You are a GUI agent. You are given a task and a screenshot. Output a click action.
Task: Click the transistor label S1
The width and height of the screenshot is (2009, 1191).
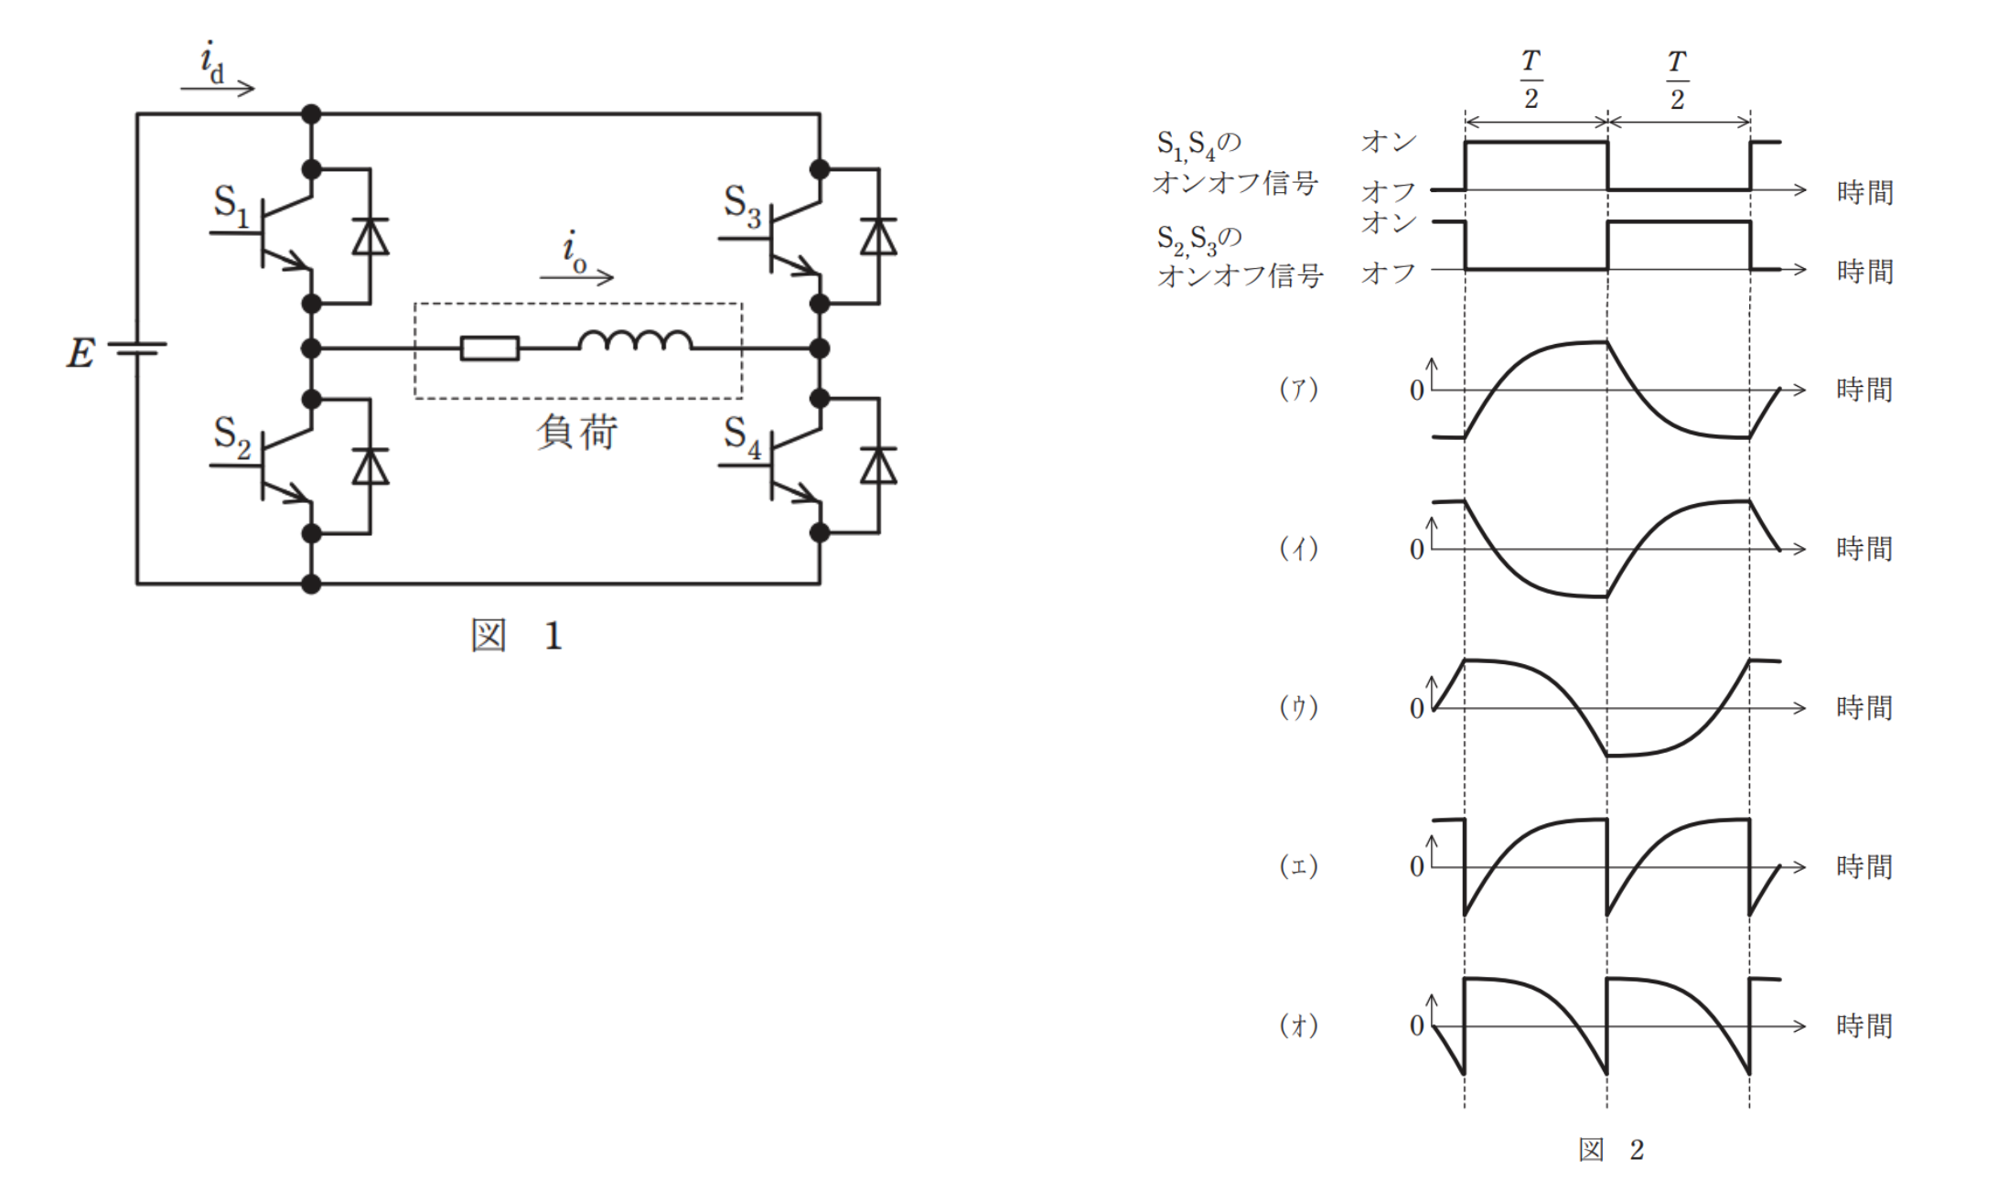(x=231, y=206)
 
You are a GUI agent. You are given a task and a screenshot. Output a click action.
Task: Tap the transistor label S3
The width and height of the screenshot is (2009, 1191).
(x=741, y=207)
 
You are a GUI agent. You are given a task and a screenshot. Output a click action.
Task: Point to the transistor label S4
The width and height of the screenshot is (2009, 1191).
(x=741, y=438)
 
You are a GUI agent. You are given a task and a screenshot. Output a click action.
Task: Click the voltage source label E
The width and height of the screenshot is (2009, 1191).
(x=81, y=352)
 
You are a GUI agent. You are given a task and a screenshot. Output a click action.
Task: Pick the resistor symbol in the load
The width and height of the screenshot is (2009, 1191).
(x=489, y=349)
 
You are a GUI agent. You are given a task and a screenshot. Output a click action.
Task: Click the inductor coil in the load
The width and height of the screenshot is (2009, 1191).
(x=635, y=340)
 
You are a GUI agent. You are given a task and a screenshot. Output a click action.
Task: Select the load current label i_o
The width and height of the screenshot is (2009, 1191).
(x=574, y=252)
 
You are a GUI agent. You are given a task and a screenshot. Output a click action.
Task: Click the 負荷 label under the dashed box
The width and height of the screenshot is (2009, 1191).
(x=577, y=432)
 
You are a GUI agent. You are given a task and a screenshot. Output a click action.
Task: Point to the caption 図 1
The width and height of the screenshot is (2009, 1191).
(x=517, y=635)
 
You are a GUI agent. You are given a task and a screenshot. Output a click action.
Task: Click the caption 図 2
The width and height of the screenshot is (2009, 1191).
(x=1611, y=1150)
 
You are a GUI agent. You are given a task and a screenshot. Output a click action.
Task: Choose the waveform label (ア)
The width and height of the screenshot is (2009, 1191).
(x=1298, y=390)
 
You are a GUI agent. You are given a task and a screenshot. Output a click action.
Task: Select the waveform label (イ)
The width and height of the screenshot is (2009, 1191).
(x=1298, y=549)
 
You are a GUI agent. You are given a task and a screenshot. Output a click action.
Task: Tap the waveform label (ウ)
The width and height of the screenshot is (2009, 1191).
(x=1298, y=707)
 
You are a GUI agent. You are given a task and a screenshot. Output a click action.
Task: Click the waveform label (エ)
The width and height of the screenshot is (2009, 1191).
(x=1298, y=866)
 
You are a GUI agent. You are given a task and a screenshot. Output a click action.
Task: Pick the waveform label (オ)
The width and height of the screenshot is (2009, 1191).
(x=1298, y=1025)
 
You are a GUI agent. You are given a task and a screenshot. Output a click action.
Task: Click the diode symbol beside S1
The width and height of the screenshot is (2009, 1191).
(x=371, y=236)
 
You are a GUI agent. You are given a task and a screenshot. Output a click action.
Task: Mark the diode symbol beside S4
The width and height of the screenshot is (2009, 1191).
(x=879, y=466)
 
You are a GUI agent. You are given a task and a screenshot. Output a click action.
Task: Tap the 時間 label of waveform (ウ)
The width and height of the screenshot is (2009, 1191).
(x=1864, y=707)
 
